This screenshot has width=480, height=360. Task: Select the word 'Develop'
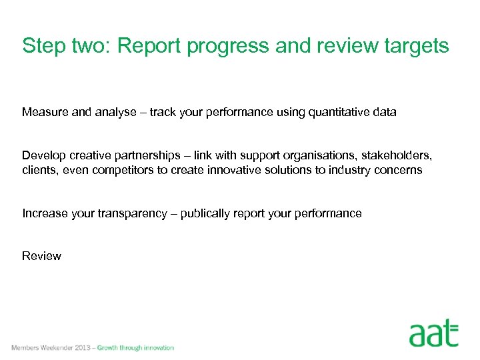point(43,155)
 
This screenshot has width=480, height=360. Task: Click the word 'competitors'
point(123,170)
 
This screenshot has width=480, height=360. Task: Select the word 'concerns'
point(399,170)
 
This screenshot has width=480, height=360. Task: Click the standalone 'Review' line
point(41,256)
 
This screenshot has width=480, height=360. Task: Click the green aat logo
point(434,333)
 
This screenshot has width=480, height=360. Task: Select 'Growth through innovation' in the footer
point(135,348)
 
